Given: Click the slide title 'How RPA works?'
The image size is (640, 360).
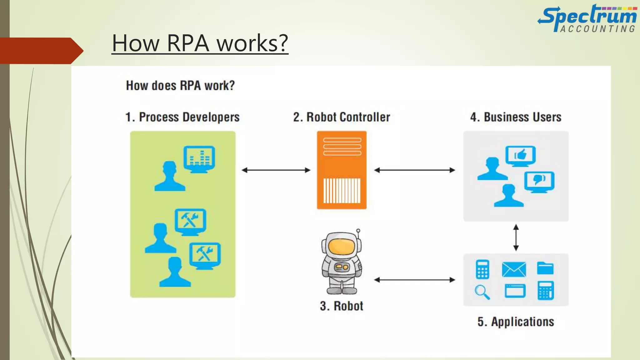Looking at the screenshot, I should [x=200, y=43].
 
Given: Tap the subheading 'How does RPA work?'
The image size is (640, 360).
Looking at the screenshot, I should [x=180, y=86].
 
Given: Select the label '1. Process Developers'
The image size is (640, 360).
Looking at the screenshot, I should [x=182, y=117].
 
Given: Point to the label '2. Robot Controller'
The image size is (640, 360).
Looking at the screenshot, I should [x=342, y=117].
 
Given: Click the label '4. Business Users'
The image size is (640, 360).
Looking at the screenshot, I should [x=516, y=117].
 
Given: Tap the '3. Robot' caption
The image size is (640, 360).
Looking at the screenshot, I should [x=342, y=306].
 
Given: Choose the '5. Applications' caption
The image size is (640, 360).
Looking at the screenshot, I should [x=516, y=322].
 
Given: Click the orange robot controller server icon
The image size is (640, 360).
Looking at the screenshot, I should [x=342, y=170].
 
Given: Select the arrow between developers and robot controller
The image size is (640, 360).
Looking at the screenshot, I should [x=276, y=170].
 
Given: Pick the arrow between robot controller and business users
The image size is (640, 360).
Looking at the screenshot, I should [x=414, y=170].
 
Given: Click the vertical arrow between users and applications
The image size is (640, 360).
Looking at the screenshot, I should [x=516, y=237].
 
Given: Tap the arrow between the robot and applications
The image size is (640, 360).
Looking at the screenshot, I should [x=414, y=280].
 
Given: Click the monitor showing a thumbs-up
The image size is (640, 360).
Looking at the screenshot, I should [x=520, y=155].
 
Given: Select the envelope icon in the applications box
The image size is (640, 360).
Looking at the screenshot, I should [x=514, y=269].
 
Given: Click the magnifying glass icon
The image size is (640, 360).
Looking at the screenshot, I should [x=482, y=292].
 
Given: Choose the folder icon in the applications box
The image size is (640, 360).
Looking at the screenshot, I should [x=545, y=268].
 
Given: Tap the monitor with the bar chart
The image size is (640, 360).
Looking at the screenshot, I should [x=199, y=158].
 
